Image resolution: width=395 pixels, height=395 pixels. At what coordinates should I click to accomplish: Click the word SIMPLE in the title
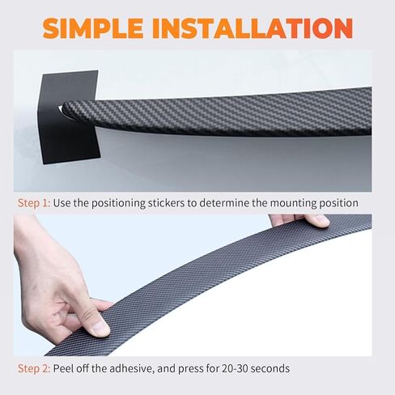(x=93, y=28)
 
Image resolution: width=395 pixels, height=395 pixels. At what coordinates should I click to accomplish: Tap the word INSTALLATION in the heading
(x=253, y=28)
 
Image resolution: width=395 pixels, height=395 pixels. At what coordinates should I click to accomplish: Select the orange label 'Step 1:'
(x=34, y=203)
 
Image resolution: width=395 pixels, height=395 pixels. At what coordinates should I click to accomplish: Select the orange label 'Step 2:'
(x=34, y=368)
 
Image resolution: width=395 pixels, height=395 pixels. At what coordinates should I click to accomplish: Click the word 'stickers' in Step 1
(x=167, y=203)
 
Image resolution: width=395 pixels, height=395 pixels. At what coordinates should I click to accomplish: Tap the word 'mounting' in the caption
(x=294, y=204)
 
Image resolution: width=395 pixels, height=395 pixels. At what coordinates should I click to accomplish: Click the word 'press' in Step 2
(x=191, y=369)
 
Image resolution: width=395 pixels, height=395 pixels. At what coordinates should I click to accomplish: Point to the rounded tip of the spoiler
(x=65, y=107)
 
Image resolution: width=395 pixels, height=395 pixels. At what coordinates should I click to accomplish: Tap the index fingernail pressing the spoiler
(x=99, y=329)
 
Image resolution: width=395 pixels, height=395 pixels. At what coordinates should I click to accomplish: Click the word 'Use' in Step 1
(x=62, y=203)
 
